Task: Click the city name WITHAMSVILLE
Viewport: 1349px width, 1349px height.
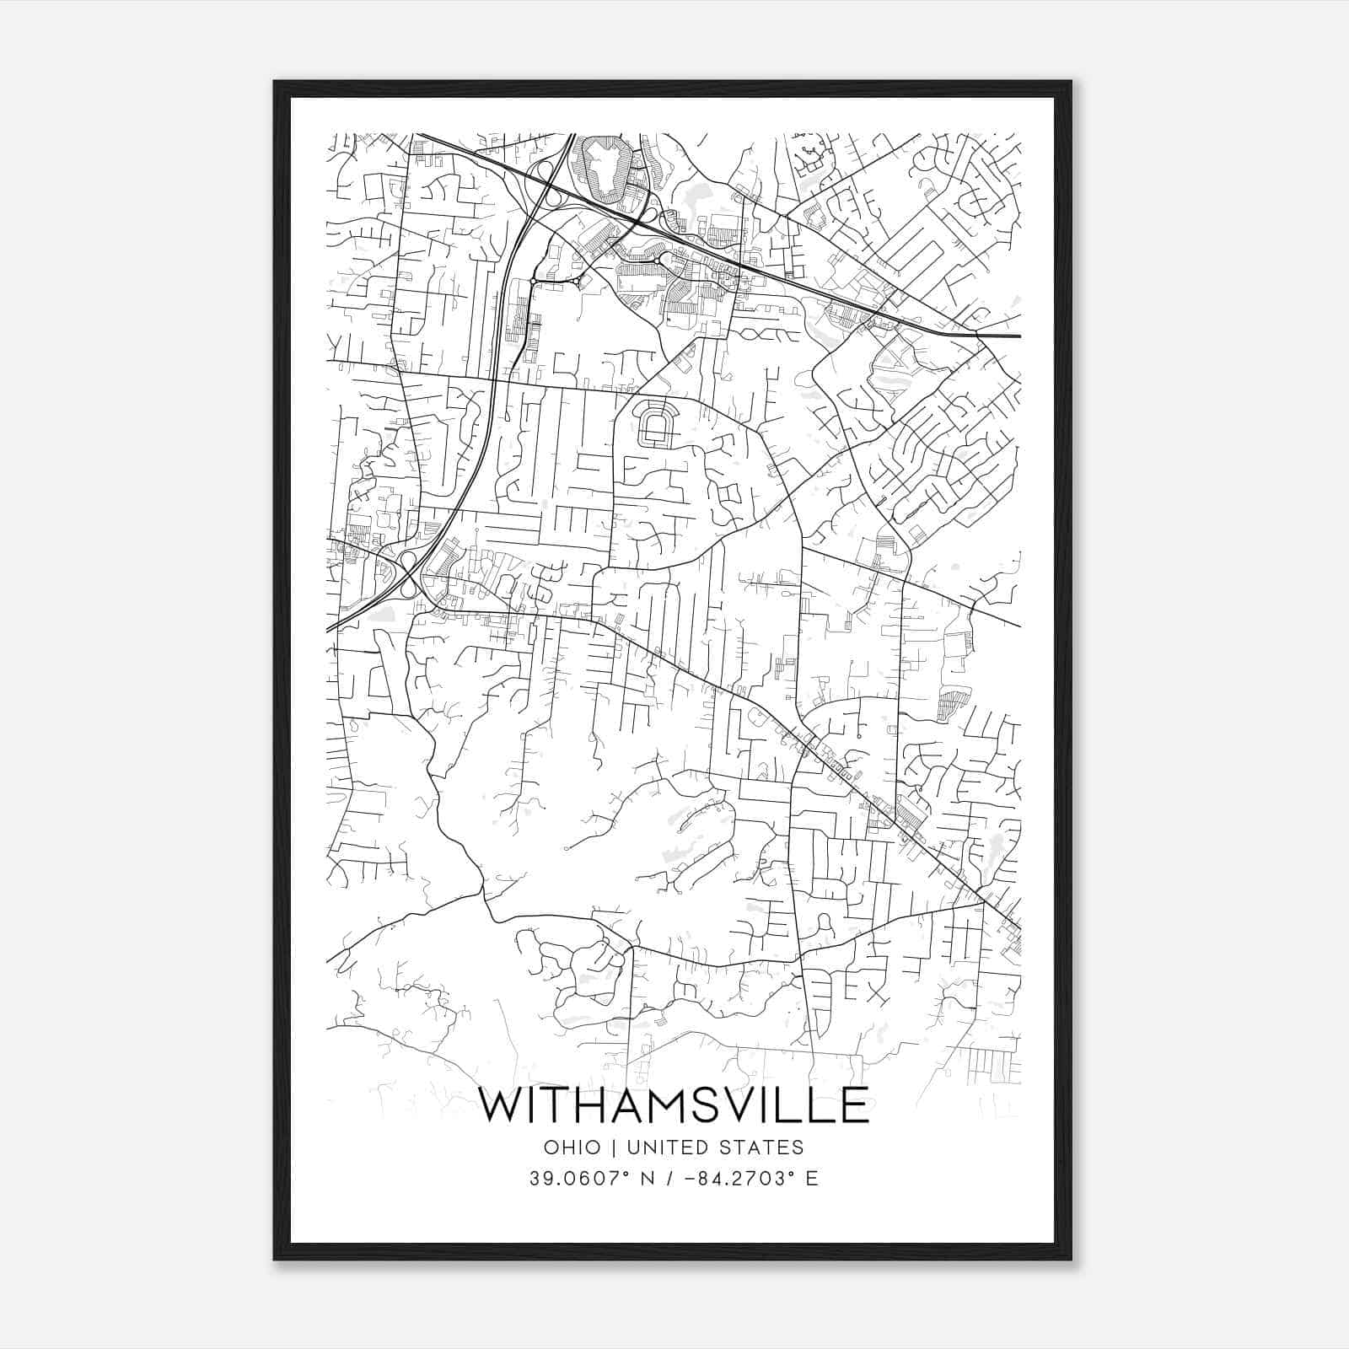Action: pos(674,1105)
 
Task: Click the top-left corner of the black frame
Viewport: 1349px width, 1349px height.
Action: pos(275,83)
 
